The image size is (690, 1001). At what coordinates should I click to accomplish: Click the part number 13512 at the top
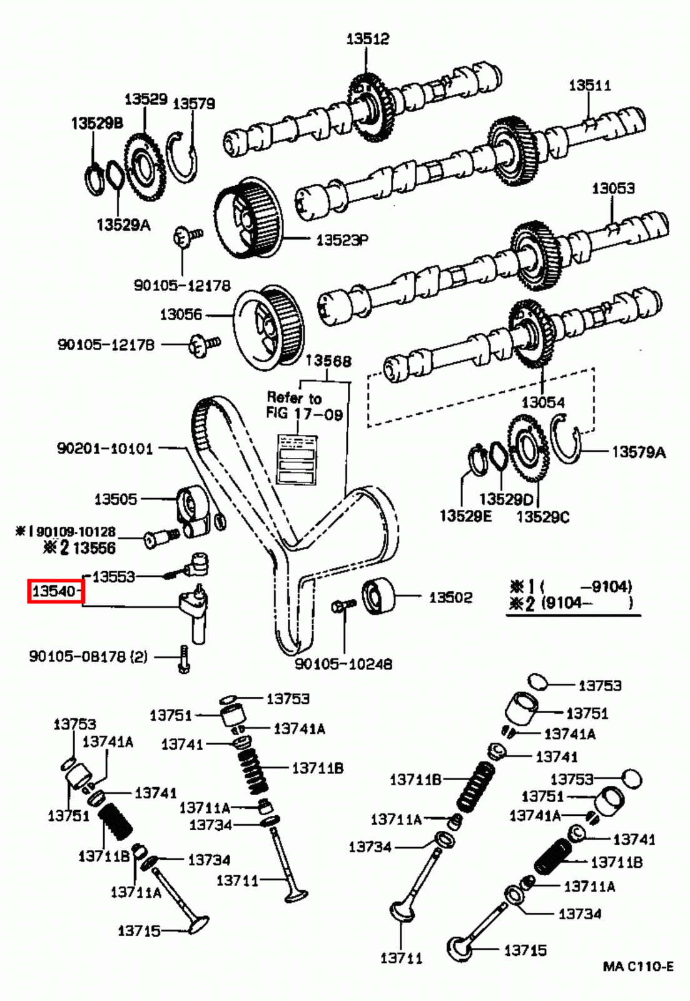(367, 39)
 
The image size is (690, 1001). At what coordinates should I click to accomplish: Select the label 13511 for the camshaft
(589, 85)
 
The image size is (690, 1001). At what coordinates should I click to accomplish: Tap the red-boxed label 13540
(55, 591)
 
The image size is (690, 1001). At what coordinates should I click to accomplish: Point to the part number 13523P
(342, 240)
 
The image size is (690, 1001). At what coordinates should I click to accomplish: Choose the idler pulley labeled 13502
(379, 597)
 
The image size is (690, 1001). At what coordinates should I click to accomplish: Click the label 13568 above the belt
(328, 361)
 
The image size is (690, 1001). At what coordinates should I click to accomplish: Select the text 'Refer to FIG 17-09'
(304, 405)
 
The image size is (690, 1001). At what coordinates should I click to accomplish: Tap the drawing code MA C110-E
(637, 967)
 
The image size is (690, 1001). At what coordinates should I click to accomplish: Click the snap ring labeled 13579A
(568, 441)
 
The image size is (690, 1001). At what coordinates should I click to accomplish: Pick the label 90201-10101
(104, 448)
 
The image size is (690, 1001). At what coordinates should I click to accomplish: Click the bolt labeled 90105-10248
(343, 605)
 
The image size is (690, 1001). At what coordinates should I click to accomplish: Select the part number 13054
(542, 402)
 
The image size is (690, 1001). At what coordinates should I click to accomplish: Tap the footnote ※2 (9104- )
(571, 603)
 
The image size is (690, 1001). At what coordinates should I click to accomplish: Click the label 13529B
(97, 123)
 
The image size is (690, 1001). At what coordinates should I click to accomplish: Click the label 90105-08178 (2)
(88, 656)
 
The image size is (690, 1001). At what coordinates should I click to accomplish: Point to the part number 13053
(612, 188)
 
